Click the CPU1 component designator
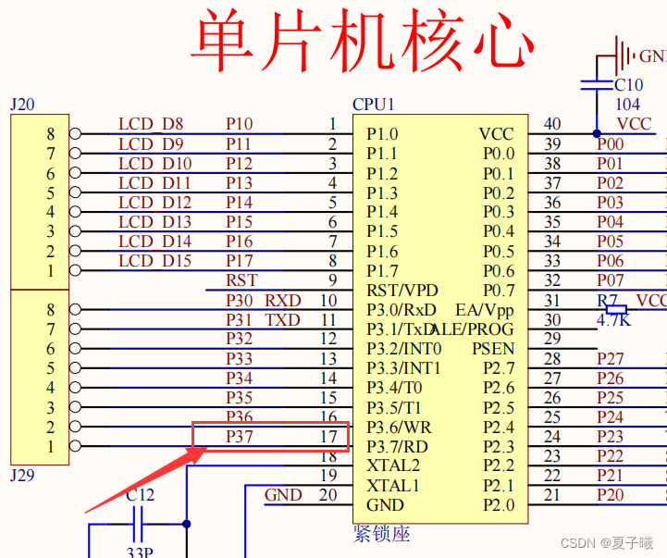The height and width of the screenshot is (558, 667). tap(373, 105)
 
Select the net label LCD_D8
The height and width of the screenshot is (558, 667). tap(150, 124)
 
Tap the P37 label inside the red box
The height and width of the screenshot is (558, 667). tap(240, 437)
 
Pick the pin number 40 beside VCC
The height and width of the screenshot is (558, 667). tap(552, 124)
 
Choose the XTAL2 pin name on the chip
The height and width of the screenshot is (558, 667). tap(393, 465)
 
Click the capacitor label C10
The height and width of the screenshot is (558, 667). tap(628, 85)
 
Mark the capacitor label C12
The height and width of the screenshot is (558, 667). tap(140, 495)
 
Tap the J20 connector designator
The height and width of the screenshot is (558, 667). tap(22, 105)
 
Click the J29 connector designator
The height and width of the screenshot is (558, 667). tap(22, 476)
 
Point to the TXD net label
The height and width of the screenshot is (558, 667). tap(283, 320)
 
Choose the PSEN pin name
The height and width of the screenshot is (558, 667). tap(493, 349)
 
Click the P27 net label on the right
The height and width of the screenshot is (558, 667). tap(610, 359)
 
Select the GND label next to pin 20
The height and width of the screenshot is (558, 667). tap(283, 495)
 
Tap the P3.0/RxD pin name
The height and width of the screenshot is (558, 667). tap(401, 310)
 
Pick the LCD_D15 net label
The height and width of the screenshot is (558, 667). tap(154, 261)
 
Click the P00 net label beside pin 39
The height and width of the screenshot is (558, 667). tap(610, 144)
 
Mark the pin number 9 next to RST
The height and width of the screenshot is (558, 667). tap(332, 280)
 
